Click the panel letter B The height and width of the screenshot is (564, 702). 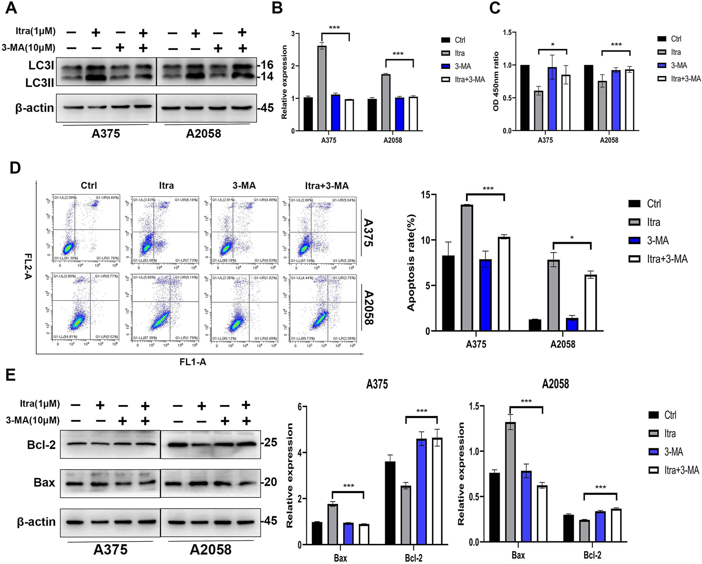(x=277, y=8)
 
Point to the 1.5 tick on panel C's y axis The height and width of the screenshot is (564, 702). (x=507, y=32)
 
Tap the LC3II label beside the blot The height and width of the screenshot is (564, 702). (x=40, y=82)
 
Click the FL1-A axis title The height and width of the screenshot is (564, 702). (x=193, y=362)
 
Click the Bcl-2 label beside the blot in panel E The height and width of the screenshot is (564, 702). (x=41, y=445)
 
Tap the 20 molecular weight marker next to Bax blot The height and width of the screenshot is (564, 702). (x=271, y=482)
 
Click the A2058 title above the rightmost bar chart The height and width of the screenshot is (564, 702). (x=555, y=384)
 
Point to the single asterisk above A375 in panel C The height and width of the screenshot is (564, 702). (x=553, y=45)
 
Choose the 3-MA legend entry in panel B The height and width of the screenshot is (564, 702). (x=462, y=67)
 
